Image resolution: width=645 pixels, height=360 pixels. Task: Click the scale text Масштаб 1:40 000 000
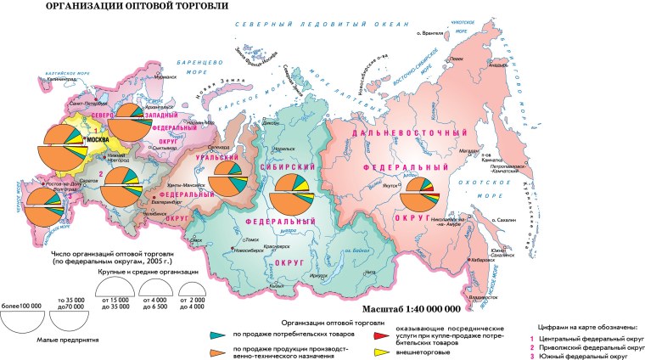(x=410, y=310)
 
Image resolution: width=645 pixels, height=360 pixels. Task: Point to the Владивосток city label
(x=487, y=298)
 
